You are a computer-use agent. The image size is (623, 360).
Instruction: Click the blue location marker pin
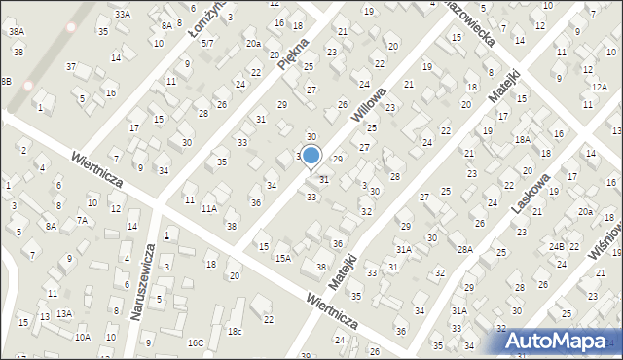point(311,157)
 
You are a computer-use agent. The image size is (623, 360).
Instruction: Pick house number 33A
point(122,15)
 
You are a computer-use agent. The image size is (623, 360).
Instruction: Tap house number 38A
point(17,32)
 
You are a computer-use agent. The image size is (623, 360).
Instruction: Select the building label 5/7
point(206,43)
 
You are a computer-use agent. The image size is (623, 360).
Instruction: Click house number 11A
point(208,208)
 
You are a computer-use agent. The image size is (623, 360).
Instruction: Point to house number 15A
point(282,258)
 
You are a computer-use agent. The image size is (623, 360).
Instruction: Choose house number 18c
point(235,332)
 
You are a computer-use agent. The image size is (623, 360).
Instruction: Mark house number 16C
point(196,342)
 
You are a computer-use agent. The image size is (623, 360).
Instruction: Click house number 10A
point(83,337)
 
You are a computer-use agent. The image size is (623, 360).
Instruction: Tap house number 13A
point(64,313)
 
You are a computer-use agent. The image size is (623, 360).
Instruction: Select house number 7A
point(83,220)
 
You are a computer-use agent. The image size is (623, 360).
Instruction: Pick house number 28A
point(465,250)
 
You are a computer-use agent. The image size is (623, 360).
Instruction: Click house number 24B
point(556,246)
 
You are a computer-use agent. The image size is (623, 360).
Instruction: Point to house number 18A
point(522,140)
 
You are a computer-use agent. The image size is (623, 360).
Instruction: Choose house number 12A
point(599,88)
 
